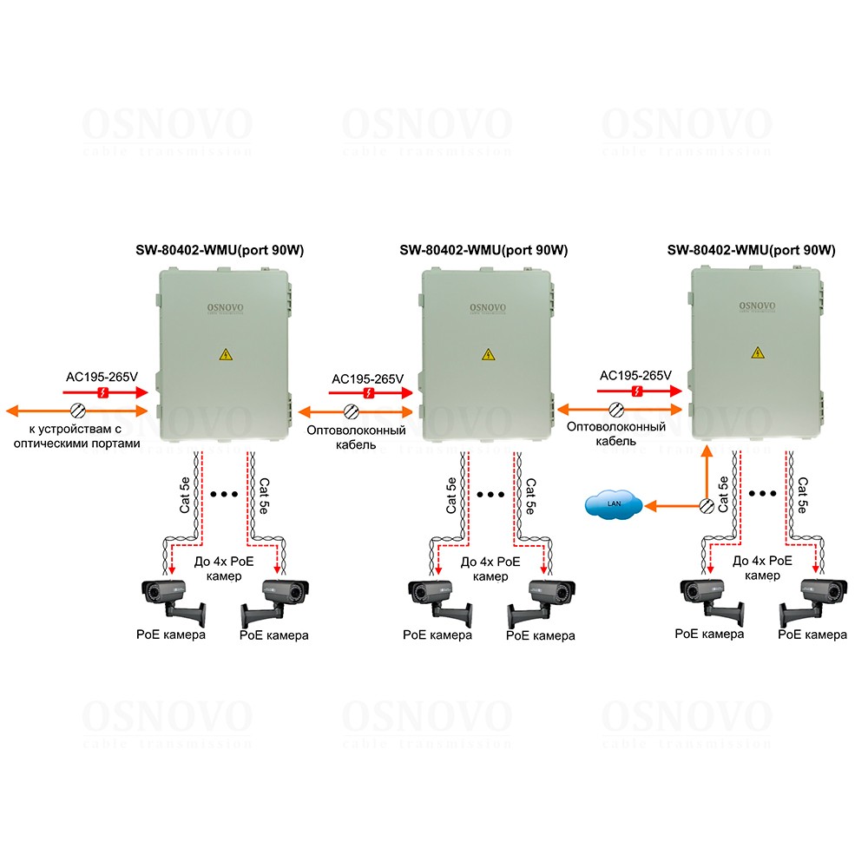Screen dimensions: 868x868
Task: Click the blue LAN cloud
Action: [614, 504]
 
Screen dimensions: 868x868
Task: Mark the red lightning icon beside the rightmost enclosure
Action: [638, 392]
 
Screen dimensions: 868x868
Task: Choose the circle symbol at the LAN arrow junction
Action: [707, 505]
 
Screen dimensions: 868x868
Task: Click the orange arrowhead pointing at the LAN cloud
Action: [651, 505]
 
